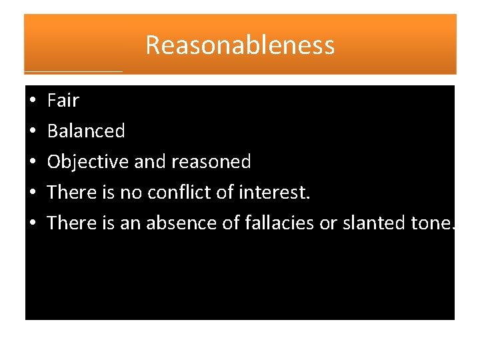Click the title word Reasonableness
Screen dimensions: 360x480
239,45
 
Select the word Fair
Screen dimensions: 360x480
63,101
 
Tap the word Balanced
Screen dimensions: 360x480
86,131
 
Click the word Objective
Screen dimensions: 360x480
88,162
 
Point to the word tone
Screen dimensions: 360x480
432,223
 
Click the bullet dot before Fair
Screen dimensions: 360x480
32,101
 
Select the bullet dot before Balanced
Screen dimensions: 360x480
32,132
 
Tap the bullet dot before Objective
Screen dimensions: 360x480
32,163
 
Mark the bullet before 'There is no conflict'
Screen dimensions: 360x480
32,193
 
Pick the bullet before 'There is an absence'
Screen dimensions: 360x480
32,223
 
